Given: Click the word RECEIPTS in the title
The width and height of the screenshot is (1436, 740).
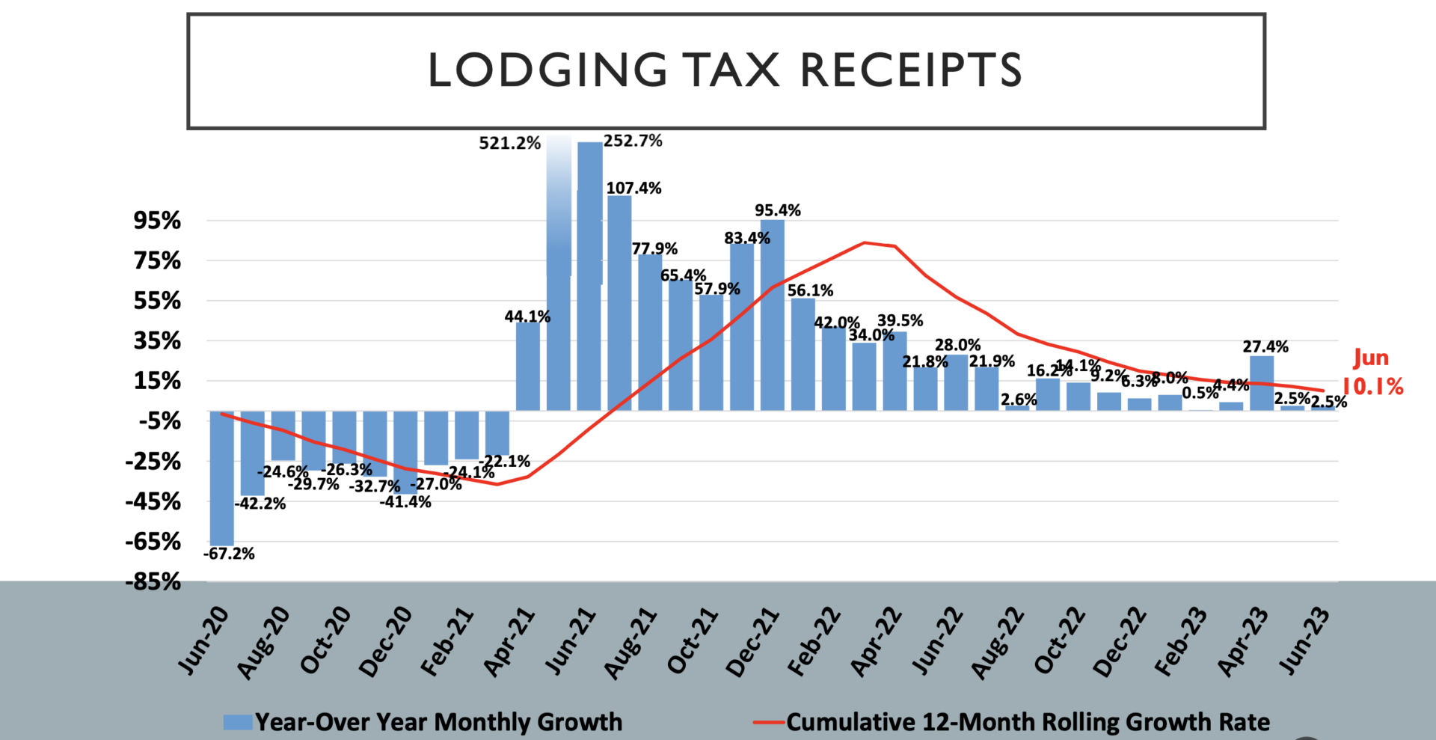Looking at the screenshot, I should tap(910, 70).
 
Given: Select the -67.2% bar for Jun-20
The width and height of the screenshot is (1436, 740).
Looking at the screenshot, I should tap(221, 479).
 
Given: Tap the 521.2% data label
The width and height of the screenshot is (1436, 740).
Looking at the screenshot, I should tap(509, 143).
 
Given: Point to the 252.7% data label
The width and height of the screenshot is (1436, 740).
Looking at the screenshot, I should tap(633, 141).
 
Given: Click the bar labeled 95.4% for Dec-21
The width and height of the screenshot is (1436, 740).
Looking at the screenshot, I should tap(773, 314).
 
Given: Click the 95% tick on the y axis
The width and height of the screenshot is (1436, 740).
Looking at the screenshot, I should tap(157, 221).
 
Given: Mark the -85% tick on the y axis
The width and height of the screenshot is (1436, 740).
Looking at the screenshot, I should tap(153, 581).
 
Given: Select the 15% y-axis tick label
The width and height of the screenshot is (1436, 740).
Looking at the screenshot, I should tap(157, 381).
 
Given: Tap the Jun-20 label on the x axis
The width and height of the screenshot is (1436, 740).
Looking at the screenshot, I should tap(204, 641).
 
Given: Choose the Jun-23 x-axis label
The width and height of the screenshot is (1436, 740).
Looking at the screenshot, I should tap(1305, 641).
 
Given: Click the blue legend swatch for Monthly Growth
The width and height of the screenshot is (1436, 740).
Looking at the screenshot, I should tap(238, 722).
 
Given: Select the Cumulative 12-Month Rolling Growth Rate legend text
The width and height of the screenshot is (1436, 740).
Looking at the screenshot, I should tap(1028, 722).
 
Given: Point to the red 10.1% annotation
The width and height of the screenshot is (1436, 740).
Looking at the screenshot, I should tap(1373, 386).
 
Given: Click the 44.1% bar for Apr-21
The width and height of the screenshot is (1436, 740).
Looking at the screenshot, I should tap(528, 367).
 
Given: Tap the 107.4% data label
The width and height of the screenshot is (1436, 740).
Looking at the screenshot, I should tap(633, 188).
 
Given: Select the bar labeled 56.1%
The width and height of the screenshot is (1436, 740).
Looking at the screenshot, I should tap(803, 354).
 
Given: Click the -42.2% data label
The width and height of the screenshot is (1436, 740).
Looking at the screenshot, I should tap(260, 504).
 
